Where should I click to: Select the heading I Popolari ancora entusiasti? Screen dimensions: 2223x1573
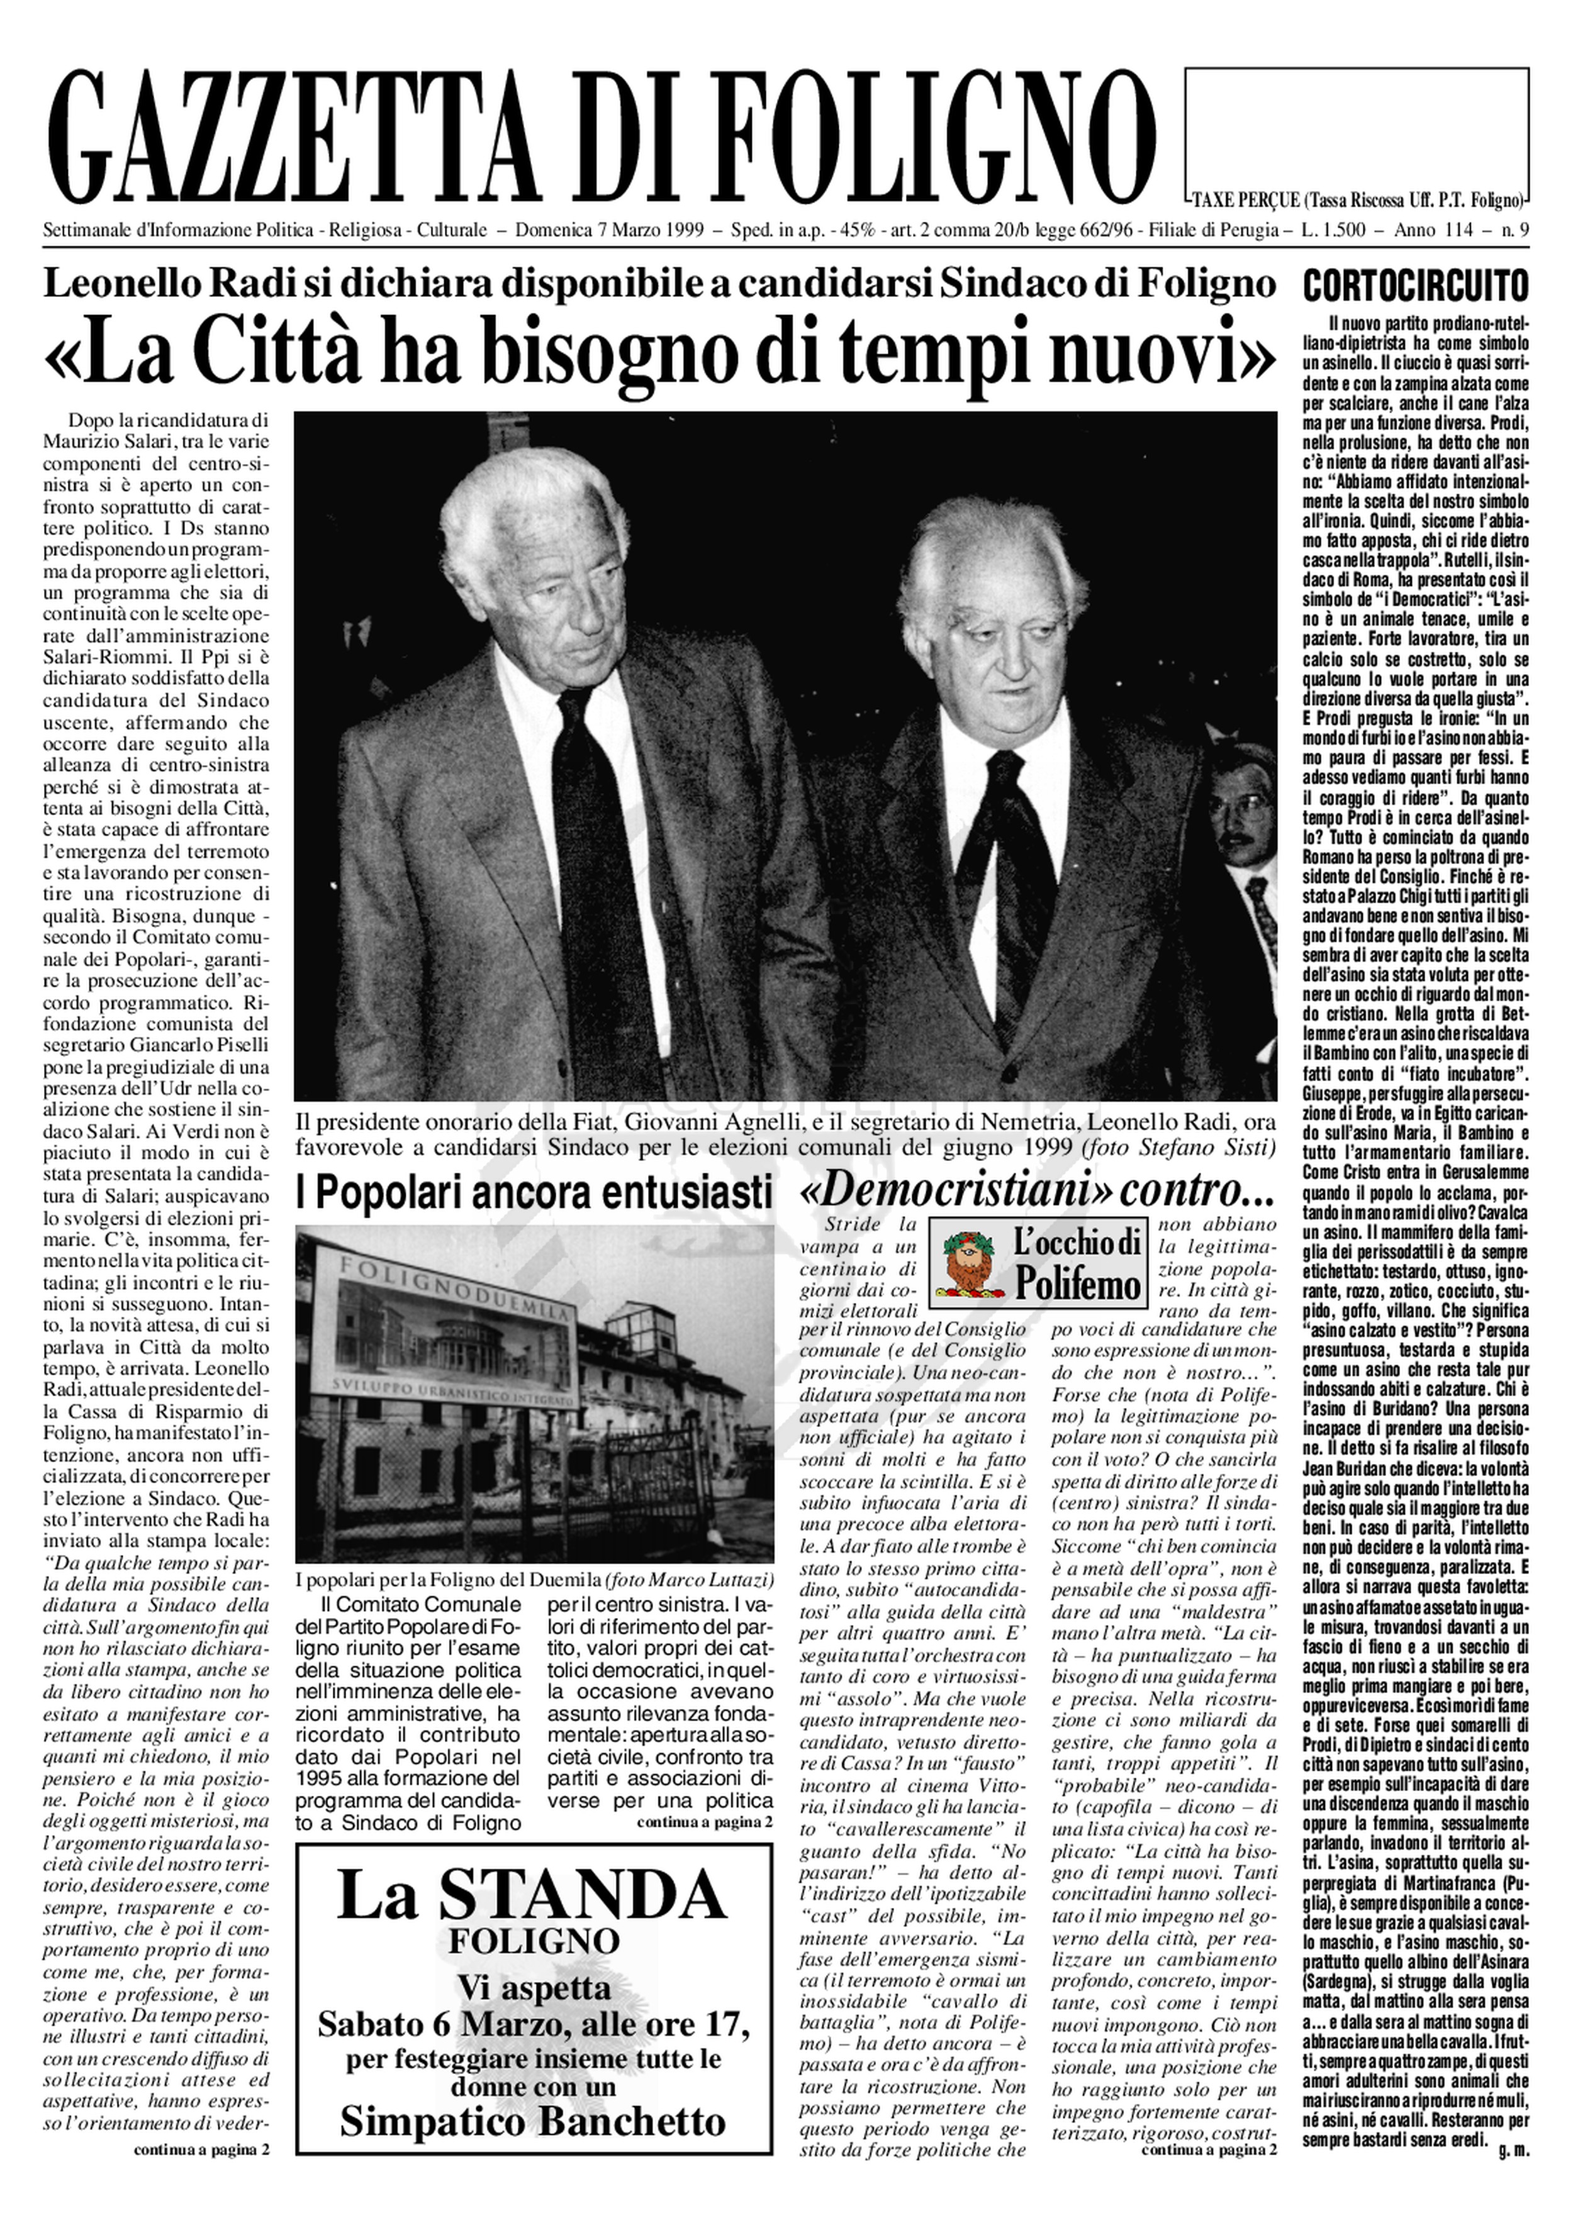[x=534, y=1194]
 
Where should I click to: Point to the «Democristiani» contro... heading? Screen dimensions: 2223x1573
[x=1036, y=1194]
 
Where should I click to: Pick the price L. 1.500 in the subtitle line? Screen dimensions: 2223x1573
[x=1341, y=230]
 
